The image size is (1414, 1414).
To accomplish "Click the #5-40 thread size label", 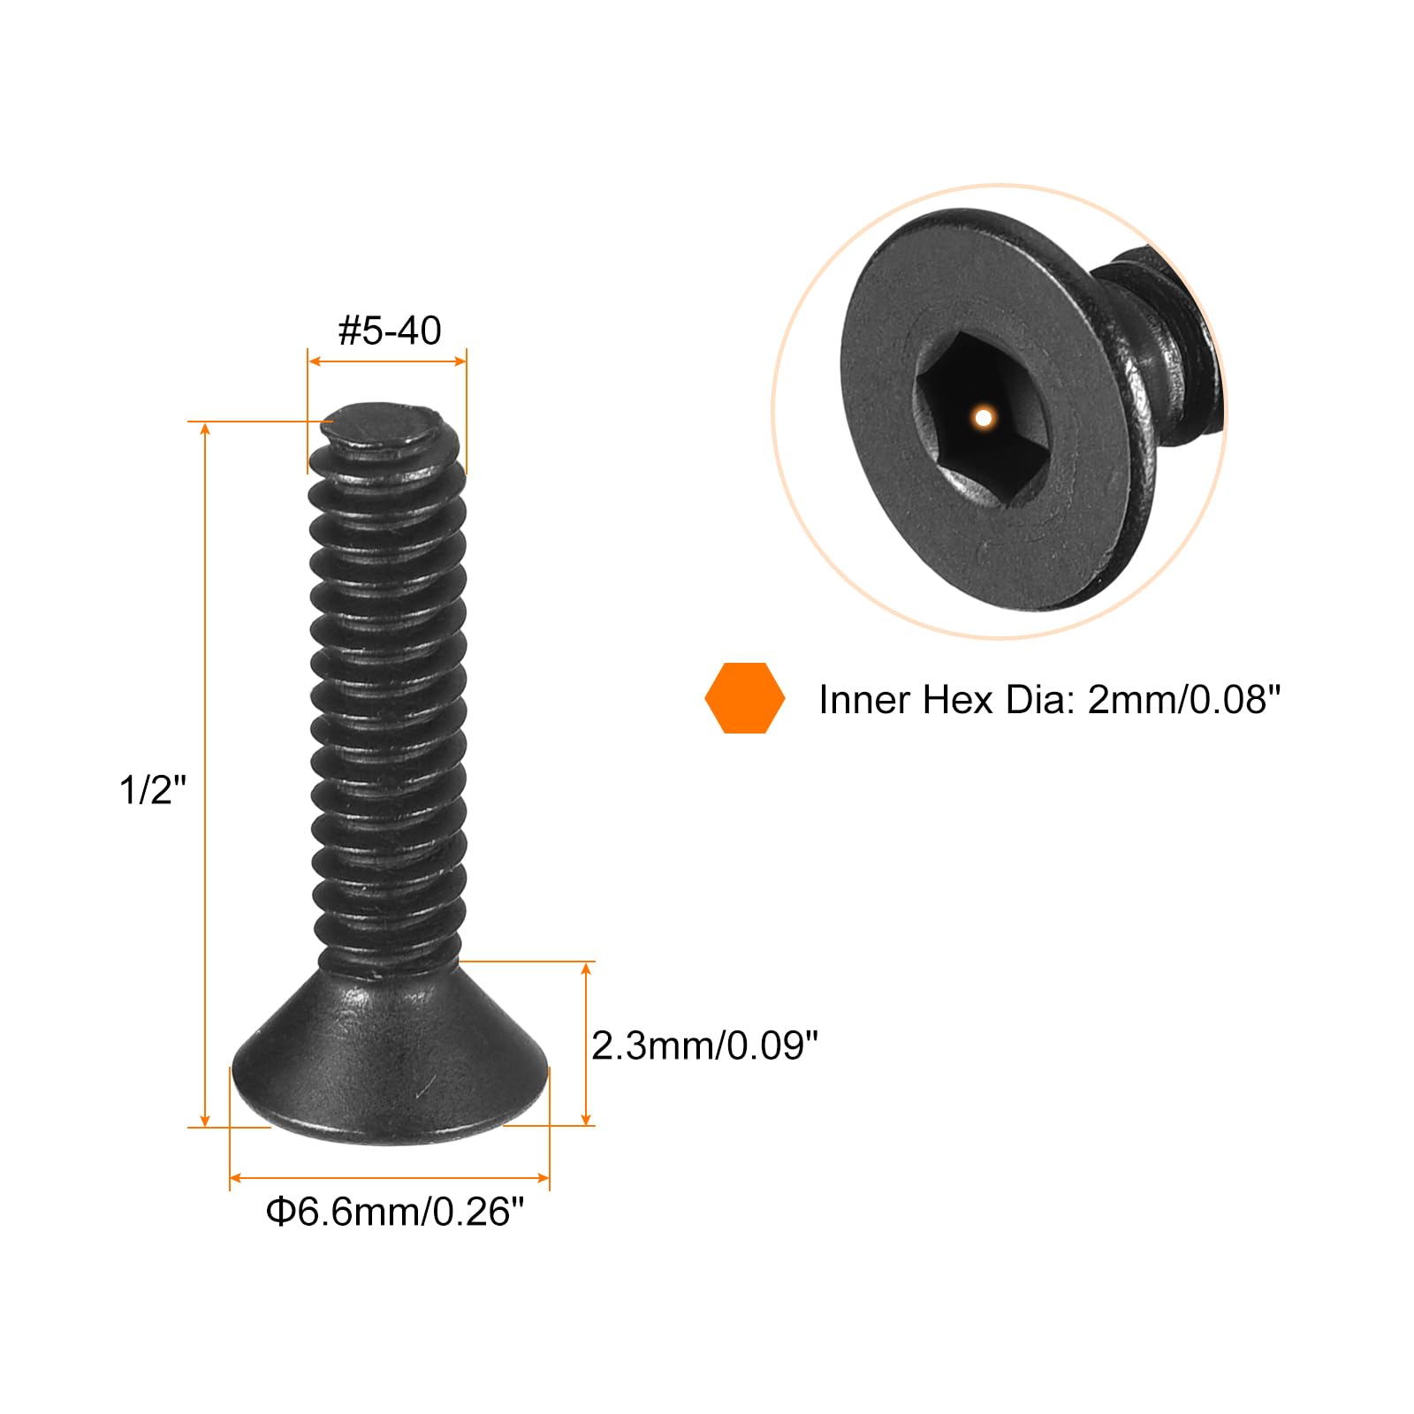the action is point(390,331).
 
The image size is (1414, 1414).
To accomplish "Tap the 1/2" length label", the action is point(154,788).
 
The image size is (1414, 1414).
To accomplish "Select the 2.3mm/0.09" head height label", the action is point(704,1045).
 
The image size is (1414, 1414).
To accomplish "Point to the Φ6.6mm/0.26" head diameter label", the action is point(395,1211).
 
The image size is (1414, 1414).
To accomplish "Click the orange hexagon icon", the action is point(744,698).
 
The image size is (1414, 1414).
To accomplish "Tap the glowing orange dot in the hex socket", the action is point(983,417).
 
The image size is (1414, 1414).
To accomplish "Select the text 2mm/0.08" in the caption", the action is point(1183,700).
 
